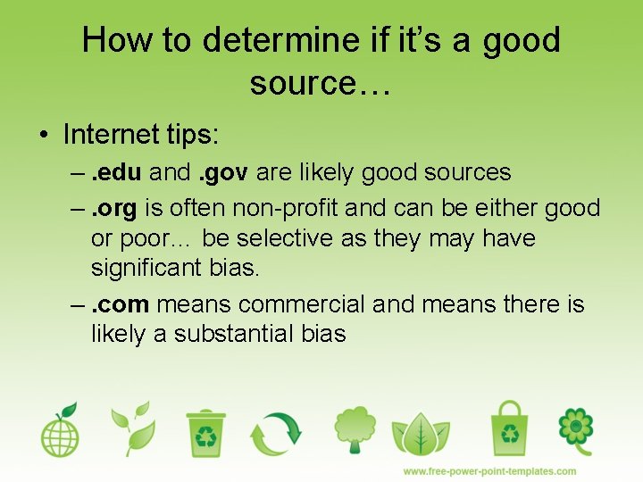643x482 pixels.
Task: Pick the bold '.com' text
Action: coord(121,304)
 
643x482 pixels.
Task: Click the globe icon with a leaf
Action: coord(60,430)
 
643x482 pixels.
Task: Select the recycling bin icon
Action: coord(206,432)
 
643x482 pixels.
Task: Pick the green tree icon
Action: coord(355,430)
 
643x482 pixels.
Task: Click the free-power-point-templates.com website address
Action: coord(489,470)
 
